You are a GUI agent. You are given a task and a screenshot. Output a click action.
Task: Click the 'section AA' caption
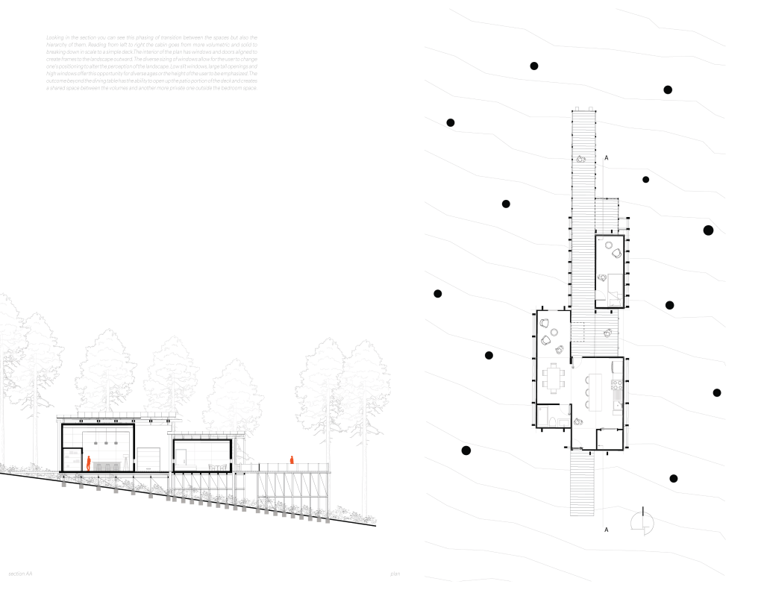coord(20,574)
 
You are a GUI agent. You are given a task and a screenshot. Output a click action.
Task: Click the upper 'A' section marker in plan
coord(607,158)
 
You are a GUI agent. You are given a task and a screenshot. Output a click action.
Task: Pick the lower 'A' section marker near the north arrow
coord(607,530)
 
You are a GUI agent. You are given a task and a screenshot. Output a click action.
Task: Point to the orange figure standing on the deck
coord(292,461)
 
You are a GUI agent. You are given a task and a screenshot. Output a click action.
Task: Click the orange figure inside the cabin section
coord(88,463)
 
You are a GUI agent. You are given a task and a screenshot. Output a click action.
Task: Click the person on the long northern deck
coord(580,158)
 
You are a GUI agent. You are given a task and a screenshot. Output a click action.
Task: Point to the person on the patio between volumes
coord(607,332)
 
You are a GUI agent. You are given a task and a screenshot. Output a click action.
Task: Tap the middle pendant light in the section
coord(106,442)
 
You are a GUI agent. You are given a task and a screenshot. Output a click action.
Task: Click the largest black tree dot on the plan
coord(708,230)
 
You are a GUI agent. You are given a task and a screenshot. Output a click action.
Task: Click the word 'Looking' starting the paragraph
coord(55,37)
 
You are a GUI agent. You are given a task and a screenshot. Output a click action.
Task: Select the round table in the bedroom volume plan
coord(609,245)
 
